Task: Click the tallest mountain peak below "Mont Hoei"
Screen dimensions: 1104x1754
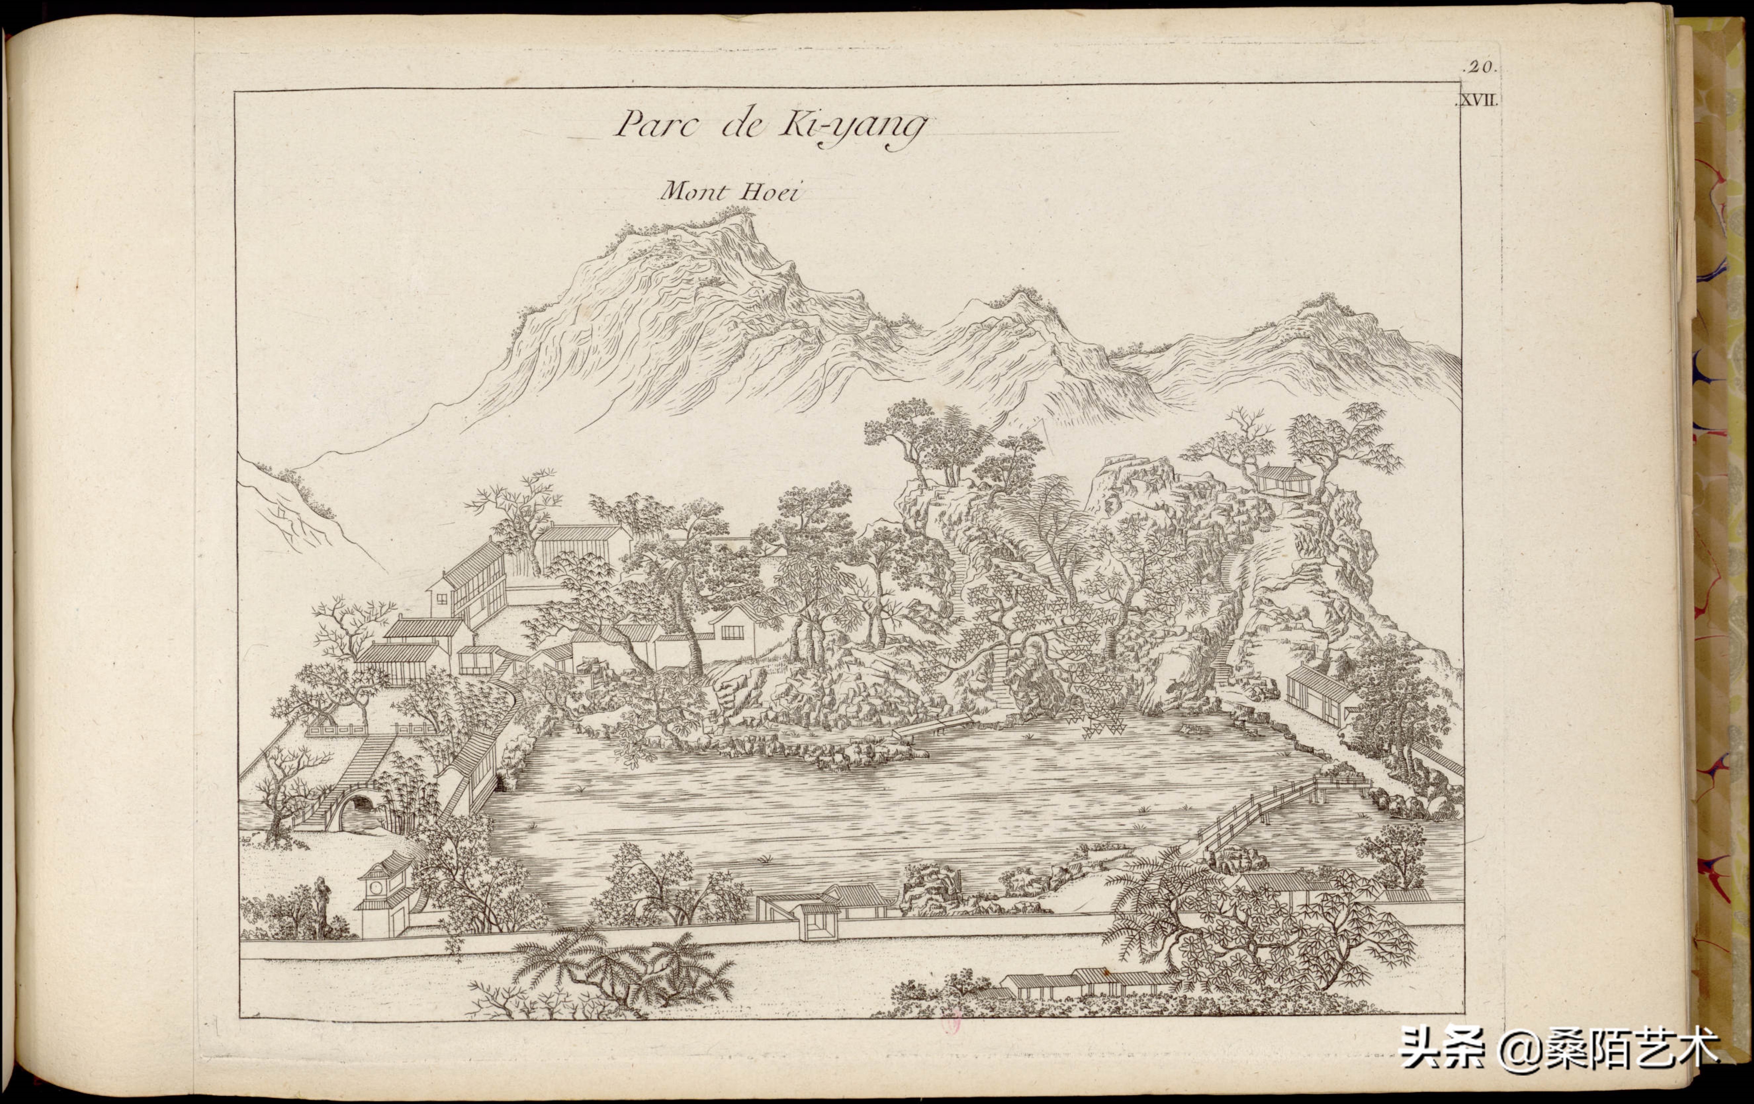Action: tap(728, 218)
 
